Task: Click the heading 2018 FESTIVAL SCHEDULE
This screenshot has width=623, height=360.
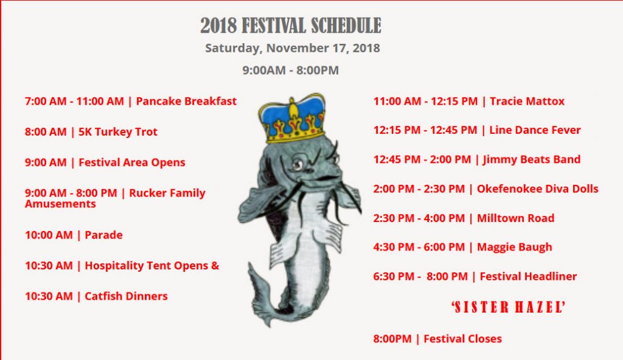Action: click(x=290, y=26)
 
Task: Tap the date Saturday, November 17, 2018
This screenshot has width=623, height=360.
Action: click(x=293, y=49)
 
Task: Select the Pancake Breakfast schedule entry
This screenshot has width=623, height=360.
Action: click(x=131, y=102)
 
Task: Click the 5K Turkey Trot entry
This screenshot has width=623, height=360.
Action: click(x=91, y=132)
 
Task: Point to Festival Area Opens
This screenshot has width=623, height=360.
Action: click(x=105, y=162)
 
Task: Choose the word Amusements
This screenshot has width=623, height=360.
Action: click(x=60, y=204)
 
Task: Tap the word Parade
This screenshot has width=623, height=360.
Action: click(x=103, y=235)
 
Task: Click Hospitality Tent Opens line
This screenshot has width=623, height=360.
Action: click(x=122, y=266)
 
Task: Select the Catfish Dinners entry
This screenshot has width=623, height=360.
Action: click(x=96, y=296)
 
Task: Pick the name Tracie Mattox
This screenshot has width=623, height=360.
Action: click(x=527, y=102)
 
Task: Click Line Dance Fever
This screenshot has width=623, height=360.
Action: click(x=535, y=130)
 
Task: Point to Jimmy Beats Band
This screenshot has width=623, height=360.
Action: click(x=532, y=160)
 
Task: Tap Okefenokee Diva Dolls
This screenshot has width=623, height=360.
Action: click(x=538, y=189)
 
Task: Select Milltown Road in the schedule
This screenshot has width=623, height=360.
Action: click(x=515, y=218)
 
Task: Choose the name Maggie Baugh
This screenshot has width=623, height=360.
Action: click(x=515, y=247)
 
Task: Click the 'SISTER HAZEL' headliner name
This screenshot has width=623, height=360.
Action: click(x=508, y=307)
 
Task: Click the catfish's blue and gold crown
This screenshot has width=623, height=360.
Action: click(x=293, y=119)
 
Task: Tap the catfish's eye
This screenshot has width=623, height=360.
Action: click(x=298, y=164)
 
